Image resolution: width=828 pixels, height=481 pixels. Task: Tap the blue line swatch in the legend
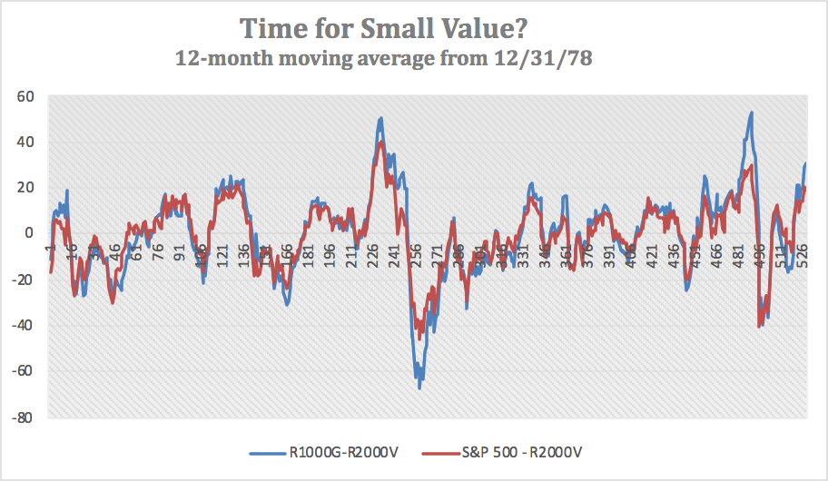(267, 450)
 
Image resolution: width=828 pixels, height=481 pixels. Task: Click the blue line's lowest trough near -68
(419, 388)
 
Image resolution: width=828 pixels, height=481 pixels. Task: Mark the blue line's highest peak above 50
(751, 113)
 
